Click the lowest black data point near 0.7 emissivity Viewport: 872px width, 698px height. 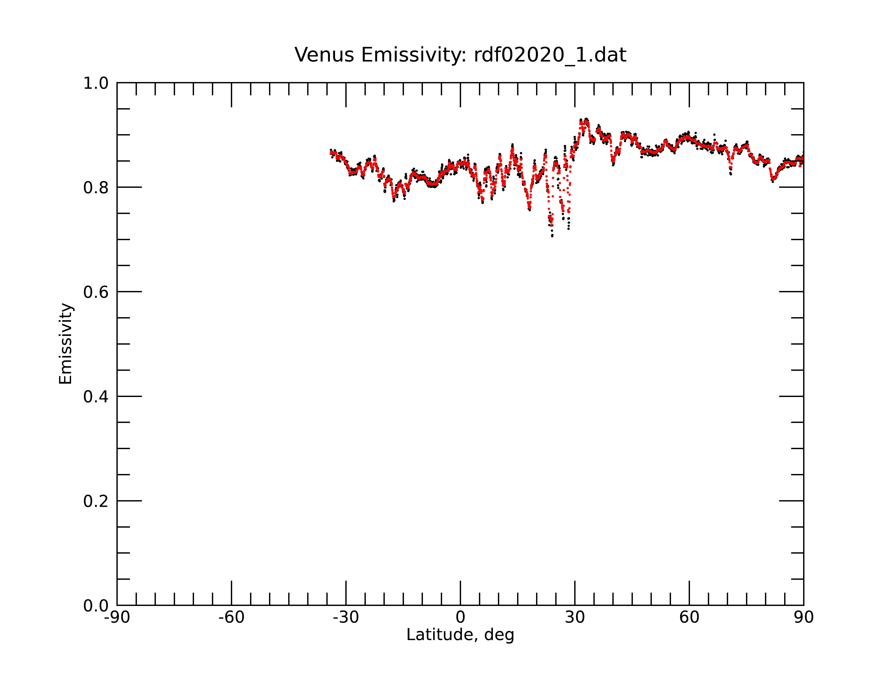[x=552, y=236]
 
